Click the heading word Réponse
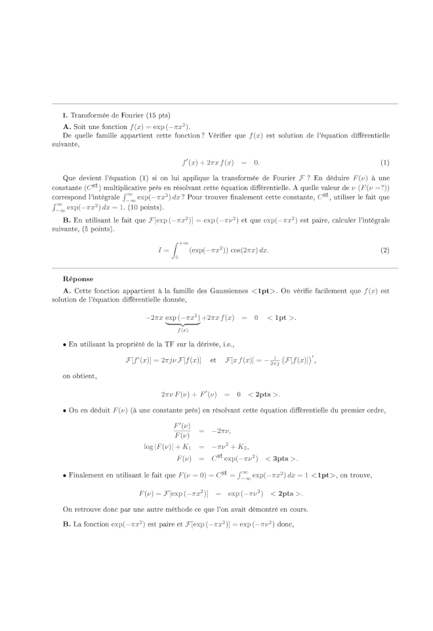[x=78, y=279]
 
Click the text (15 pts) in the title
[x=159, y=116]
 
